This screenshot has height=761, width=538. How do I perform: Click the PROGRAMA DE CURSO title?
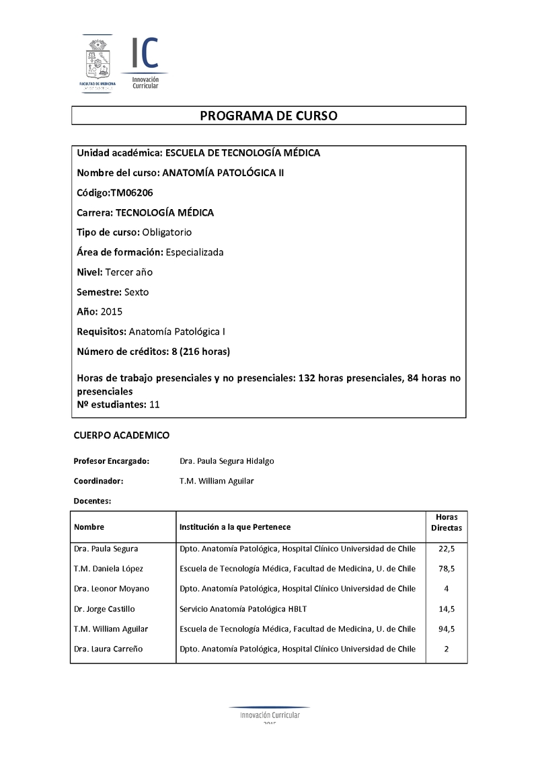click(x=268, y=116)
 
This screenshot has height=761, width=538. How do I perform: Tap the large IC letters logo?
click(x=145, y=53)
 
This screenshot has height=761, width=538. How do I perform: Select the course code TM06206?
click(x=132, y=193)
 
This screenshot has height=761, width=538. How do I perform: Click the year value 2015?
click(x=112, y=312)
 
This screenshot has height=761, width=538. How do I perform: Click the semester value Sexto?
click(x=137, y=292)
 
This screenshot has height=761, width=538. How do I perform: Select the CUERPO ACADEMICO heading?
click(x=121, y=436)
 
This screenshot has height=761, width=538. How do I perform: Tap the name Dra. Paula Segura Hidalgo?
click(x=227, y=461)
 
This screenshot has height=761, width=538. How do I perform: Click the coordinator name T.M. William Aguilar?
click(x=217, y=481)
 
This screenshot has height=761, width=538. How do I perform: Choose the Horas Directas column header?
click(x=447, y=522)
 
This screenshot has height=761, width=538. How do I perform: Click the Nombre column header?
click(x=89, y=527)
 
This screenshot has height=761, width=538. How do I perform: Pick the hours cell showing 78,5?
click(x=447, y=569)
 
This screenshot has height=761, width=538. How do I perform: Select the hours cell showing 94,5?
click(x=447, y=629)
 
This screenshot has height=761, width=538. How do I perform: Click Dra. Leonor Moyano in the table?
click(x=112, y=589)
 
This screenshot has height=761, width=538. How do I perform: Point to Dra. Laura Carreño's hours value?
click(x=447, y=649)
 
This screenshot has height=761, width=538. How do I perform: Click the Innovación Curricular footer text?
click(x=270, y=715)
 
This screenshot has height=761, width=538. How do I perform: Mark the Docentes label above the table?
click(x=92, y=501)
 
